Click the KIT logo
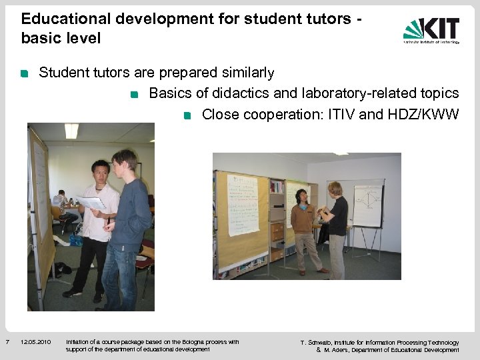coord(431,30)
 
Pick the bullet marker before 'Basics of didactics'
coord(135,95)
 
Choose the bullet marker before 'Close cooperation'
coord(188,116)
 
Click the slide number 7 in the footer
coord(7,343)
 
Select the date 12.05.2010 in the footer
coord(36,343)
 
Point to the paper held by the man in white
coord(91,201)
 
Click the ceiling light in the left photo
coord(71,130)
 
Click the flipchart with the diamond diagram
coord(368,205)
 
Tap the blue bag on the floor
coord(77,239)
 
